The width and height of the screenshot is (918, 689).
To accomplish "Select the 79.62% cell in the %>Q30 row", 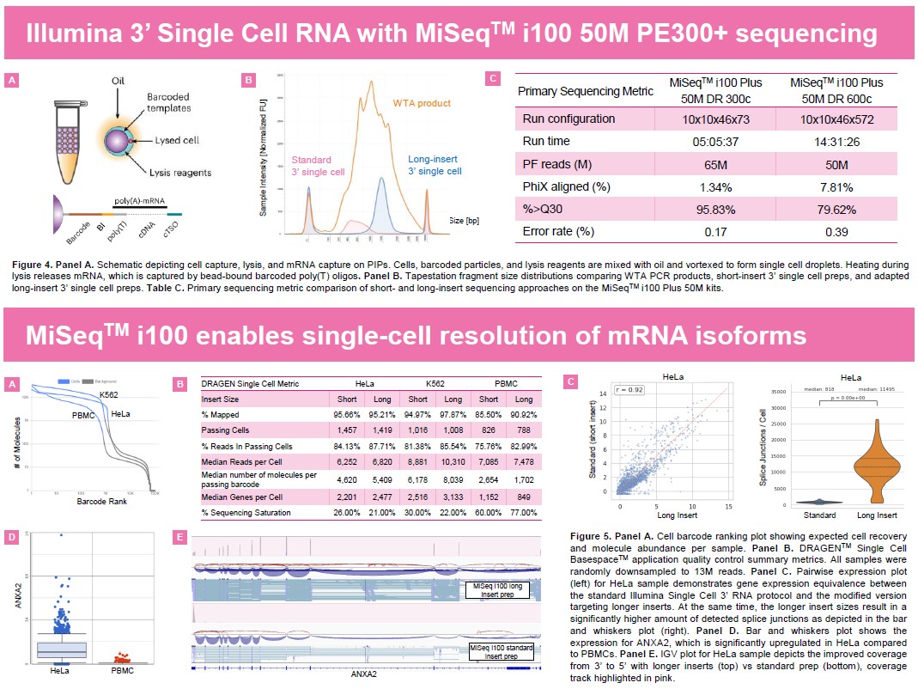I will pyautogui.click(x=830, y=209).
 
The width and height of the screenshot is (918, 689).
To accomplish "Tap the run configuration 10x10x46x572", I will pyautogui.click(x=830, y=119).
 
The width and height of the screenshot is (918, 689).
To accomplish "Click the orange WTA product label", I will pyautogui.click(x=422, y=103).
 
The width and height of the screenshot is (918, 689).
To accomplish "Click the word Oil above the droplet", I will pyautogui.click(x=120, y=80).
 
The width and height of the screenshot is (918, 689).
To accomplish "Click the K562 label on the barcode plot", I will pyautogui.click(x=107, y=394).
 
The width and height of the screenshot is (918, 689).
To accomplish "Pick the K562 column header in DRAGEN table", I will pyautogui.click(x=435, y=384).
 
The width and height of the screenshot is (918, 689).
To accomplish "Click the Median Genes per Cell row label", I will pyautogui.click(x=242, y=497).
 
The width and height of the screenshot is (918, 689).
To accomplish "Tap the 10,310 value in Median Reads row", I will pyautogui.click(x=453, y=460).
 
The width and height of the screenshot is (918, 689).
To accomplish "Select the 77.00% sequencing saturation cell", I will pyautogui.click(x=525, y=513).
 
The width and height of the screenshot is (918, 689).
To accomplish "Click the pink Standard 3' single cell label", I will pyautogui.click(x=317, y=166).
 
